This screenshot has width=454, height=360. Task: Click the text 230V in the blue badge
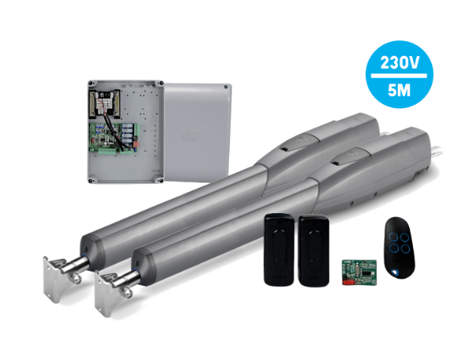400,62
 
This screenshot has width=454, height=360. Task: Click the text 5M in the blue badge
400,90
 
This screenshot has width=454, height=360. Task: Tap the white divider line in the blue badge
399,76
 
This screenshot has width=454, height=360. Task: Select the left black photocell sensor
279,249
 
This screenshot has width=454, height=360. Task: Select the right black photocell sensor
313,250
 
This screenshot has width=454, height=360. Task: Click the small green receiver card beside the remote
359,272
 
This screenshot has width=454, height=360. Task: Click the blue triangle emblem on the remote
394,272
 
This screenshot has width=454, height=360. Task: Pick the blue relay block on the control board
128,133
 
